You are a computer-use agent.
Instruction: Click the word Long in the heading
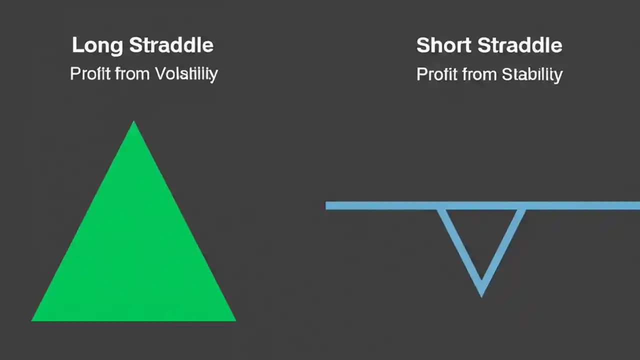click(x=97, y=45)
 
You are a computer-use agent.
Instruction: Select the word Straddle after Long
click(x=171, y=45)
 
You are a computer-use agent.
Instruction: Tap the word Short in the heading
click(x=444, y=45)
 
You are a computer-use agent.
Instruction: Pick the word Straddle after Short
click(x=519, y=45)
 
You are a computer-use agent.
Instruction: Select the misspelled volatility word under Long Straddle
click(x=186, y=74)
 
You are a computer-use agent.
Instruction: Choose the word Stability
click(x=532, y=74)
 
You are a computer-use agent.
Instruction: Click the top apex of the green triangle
click(x=133, y=122)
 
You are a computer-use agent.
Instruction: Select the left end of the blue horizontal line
click(x=327, y=205)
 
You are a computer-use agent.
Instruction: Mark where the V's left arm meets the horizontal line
click(x=440, y=208)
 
